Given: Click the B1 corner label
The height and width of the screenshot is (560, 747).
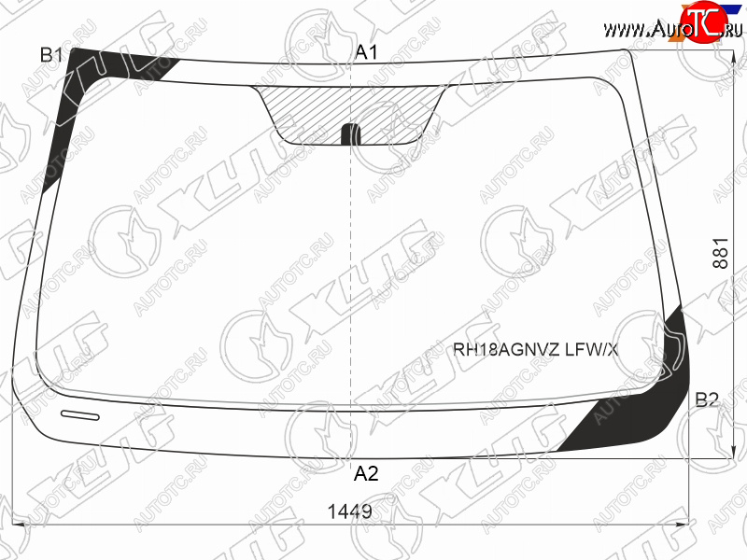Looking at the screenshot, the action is pyautogui.click(x=51, y=55).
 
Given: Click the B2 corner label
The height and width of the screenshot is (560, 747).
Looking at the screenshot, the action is pyautogui.click(x=707, y=399).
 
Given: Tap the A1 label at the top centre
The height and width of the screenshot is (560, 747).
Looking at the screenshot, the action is pyautogui.click(x=366, y=52).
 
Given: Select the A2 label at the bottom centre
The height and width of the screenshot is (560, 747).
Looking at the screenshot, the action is pyautogui.click(x=366, y=473).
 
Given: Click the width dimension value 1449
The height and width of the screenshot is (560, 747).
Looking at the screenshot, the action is pyautogui.click(x=349, y=511).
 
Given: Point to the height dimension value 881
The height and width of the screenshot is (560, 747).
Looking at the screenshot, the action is pyautogui.click(x=721, y=253).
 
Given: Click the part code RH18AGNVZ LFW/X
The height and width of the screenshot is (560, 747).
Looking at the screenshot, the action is pyautogui.click(x=535, y=350).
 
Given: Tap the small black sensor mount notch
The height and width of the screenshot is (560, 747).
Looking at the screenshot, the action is pyautogui.click(x=352, y=133).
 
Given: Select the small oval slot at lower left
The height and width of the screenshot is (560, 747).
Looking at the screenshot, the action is pyautogui.click(x=80, y=415).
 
